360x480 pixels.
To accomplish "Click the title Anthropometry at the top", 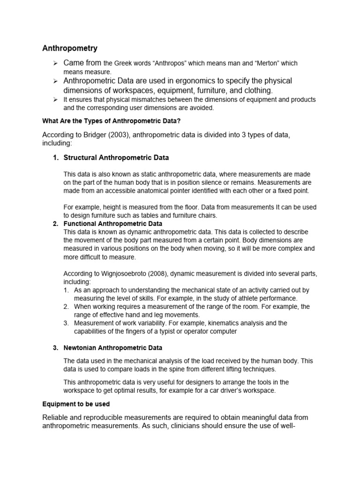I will [70, 48].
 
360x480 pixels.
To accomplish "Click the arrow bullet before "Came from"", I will [54, 63].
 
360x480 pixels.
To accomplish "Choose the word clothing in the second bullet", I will [255, 90].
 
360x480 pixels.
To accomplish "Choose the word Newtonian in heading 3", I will [81, 347].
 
